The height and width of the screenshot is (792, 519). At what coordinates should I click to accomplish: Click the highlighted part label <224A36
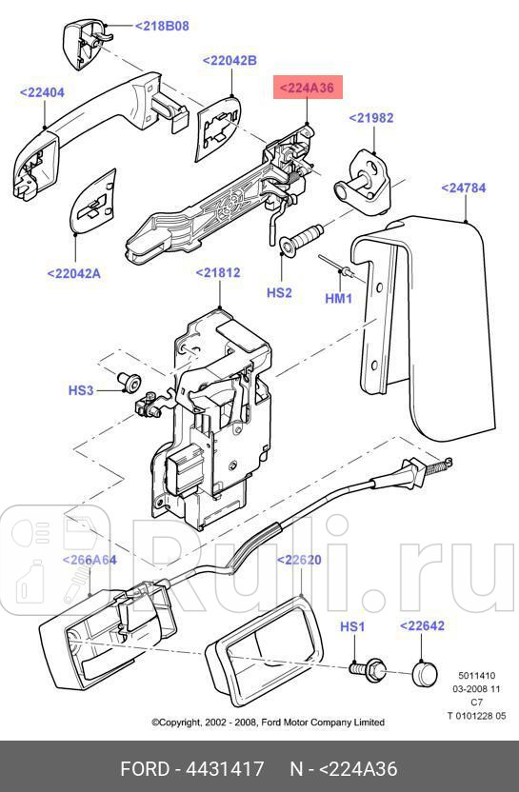tap(307, 89)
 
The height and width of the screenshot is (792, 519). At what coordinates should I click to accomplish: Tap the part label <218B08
tap(161, 26)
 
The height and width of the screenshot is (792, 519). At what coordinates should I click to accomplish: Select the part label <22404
tap(42, 92)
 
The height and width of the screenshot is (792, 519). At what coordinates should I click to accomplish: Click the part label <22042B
tap(230, 60)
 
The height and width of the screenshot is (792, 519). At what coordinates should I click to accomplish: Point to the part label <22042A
tap(73, 273)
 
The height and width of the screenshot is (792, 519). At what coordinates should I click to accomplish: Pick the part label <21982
tap(370, 118)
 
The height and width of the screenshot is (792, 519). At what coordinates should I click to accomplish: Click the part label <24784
tap(463, 188)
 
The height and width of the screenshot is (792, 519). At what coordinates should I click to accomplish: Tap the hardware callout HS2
tap(279, 293)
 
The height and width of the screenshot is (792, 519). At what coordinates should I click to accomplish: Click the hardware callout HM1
tap(340, 298)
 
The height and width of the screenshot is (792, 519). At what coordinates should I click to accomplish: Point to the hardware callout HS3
tap(81, 390)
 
